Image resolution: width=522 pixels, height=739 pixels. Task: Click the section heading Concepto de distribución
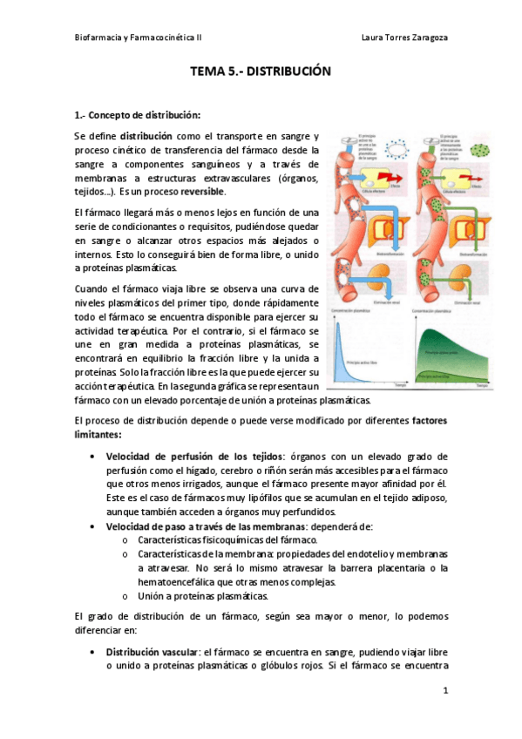click(x=145, y=114)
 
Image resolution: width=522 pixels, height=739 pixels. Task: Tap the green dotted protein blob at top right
click(x=480, y=142)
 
